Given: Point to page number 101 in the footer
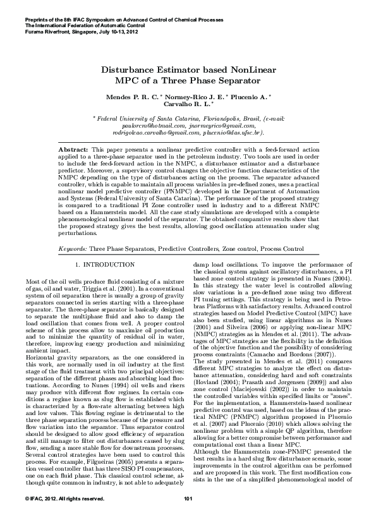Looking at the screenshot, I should coord(188,517).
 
